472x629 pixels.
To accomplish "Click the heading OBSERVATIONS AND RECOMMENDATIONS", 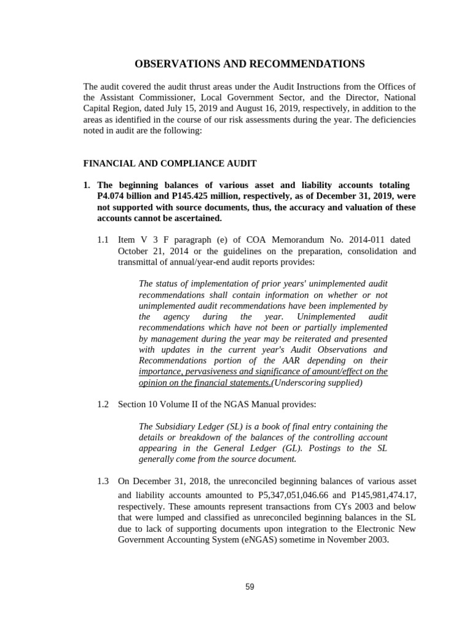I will tap(250, 64).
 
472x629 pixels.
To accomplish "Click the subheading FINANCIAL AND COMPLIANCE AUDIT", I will tap(170, 163).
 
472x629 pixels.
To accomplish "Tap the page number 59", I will tap(250, 587).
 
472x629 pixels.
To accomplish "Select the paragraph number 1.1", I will tap(103, 240).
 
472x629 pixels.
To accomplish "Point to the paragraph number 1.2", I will tap(103, 404).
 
